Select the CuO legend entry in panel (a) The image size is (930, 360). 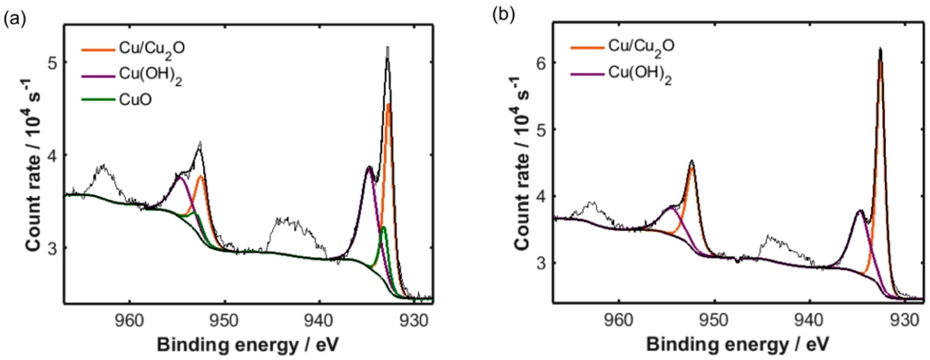(x=135, y=99)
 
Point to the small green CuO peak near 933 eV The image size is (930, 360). (x=383, y=227)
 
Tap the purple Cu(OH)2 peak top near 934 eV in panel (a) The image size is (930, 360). (x=369, y=167)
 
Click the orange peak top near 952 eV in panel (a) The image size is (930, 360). (x=201, y=176)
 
